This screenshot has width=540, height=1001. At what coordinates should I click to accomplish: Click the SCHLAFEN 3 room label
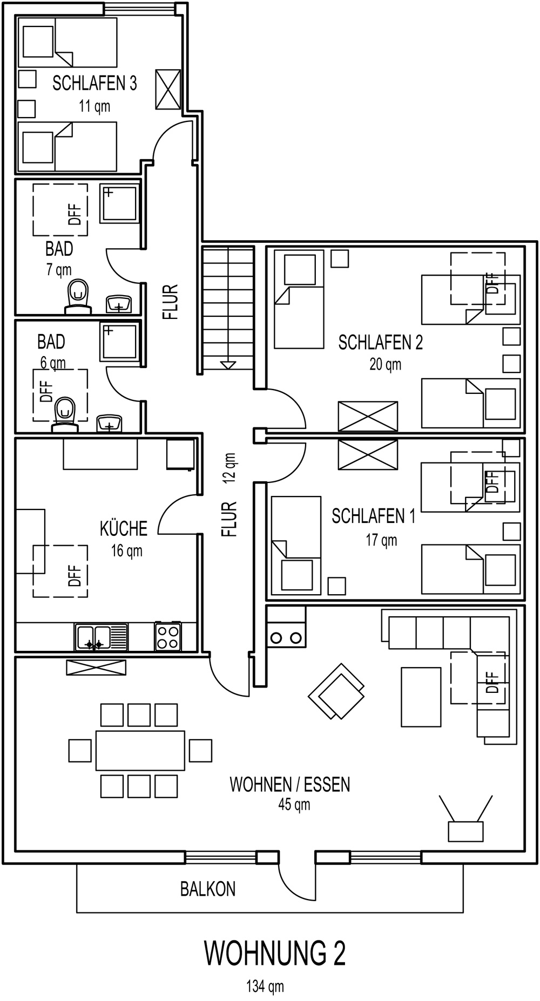click(x=94, y=83)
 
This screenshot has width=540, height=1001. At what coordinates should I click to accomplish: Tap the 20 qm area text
click(x=386, y=365)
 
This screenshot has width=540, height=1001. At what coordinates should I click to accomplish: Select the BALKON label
click(x=208, y=889)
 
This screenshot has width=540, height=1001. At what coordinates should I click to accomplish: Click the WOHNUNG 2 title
click(x=274, y=954)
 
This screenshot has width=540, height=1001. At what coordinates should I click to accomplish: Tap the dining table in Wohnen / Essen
click(x=140, y=750)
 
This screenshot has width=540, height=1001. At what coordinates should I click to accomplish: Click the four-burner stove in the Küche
click(x=168, y=637)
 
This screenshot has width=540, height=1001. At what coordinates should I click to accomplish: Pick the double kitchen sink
click(x=102, y=637)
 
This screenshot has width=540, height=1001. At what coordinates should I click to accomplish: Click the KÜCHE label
click(x=124, y=528)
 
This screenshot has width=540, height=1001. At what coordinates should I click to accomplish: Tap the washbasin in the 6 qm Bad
click(x=110, y=424)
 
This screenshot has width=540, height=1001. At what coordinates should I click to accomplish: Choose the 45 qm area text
click(x=294, y=805)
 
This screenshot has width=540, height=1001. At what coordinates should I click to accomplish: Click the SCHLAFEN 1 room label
click(x=374, y=516)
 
